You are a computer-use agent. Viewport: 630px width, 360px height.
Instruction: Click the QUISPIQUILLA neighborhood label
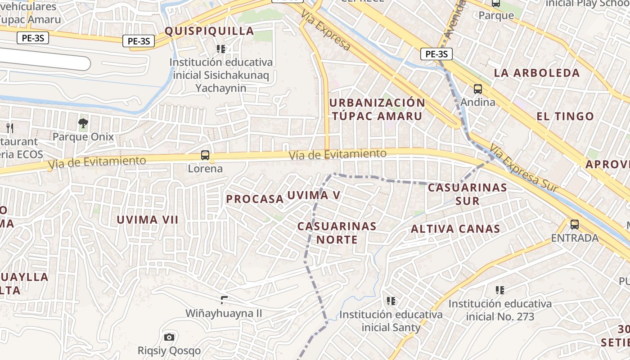pyautogui.click(x=209, y=31)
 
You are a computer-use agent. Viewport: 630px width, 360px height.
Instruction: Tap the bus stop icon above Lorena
pyautogui.click(x=205, y=155)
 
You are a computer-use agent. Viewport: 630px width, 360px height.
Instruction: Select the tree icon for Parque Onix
pyautogui.click(x=83, y=123)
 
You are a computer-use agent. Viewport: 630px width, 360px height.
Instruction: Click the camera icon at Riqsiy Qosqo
pyautogui.click(x=169, y=337)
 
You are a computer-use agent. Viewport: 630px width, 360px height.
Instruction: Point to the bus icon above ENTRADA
pyautogui.click(x=574, y=224)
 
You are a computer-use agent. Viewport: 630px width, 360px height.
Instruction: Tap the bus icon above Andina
pyautogui.click(x=478, y=89)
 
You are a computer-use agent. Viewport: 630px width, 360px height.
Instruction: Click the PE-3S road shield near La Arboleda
pyautogui.click(x=436, y=54)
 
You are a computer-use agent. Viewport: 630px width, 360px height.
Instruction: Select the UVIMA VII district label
pyautogui.click(x=148, y=220)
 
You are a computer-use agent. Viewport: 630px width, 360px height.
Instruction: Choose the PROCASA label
pyautogui.click(x=255, y=199)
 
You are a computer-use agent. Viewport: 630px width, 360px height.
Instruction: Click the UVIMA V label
pyautogui.click(x=314, y=195)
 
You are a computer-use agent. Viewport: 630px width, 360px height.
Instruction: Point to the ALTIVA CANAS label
pyautogui.click(x=455, y=229)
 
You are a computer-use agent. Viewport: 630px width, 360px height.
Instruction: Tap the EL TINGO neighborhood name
pyautogui.click(x=565, y=116)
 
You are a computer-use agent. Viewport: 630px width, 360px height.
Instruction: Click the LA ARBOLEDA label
pyautogui.click(x=537, y=73)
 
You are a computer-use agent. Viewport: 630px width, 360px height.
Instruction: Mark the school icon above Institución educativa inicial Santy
pyautogui.click(x=391, y=300)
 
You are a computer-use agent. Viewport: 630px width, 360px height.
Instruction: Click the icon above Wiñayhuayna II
pyautogui.click(x=224, y=300)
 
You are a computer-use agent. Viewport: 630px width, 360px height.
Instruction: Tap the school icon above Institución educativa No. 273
pyautogui.click(x=499, y=290)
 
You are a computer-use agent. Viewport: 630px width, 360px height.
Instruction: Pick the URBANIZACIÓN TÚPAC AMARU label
pyautogui.click(x=377, y=109)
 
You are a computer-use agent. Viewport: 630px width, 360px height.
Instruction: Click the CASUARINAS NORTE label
pyautogui.click(x=337, y=233)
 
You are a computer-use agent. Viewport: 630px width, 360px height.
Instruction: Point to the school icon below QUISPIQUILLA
pyautogui.click(x=220, y=49)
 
